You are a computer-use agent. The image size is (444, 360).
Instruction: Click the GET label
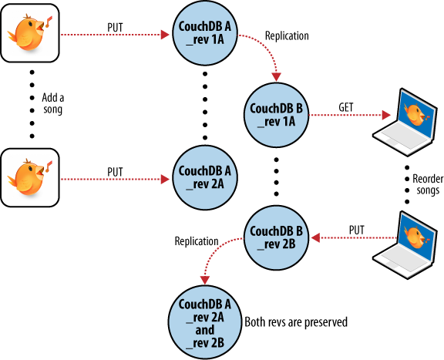point(348,105)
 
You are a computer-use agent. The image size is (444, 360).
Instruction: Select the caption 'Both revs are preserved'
point(295,321)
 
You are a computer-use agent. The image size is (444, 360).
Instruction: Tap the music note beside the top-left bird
point(49,21)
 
